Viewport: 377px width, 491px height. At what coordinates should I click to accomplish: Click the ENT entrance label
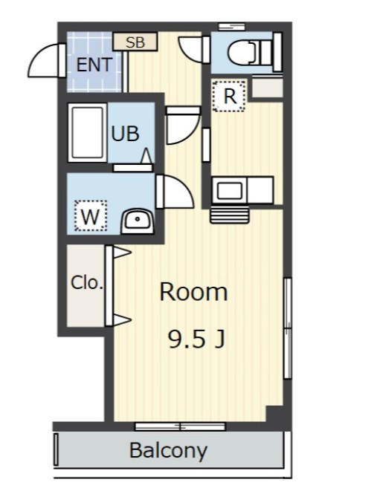click(x=94, y=65)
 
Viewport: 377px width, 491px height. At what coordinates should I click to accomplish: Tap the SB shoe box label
click(x=135, y=42)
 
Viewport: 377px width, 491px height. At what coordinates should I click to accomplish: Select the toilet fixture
click(x=248, y=52)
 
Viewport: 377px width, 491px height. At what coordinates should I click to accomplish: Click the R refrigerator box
click(x=230, y=95)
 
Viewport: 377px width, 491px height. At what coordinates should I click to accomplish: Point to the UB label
click(x=125, y=134)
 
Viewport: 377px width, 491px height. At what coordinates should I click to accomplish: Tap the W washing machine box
click(x=90, y=217)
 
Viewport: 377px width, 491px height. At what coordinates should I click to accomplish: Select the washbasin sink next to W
click(x=137, y=219)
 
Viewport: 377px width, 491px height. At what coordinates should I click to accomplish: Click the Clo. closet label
click(x=86, y=283)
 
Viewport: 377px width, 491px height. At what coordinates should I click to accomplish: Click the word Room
click(x=193, y=292)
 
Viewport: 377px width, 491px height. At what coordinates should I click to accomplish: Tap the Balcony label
click(x=168, y=450)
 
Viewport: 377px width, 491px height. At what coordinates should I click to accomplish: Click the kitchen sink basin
click(x=229, y=191)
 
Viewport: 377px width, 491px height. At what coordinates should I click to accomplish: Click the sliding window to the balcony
click(x=170, y=426)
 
